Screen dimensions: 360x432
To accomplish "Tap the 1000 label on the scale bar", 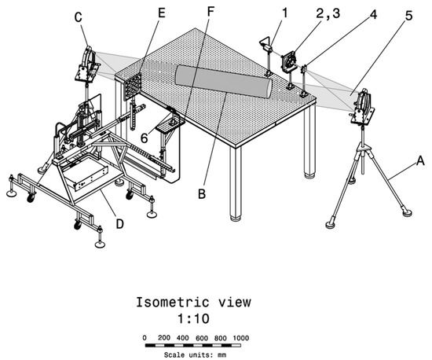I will [x=240, y=336].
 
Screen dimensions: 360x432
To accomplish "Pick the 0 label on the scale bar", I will [x=145, y=336].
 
